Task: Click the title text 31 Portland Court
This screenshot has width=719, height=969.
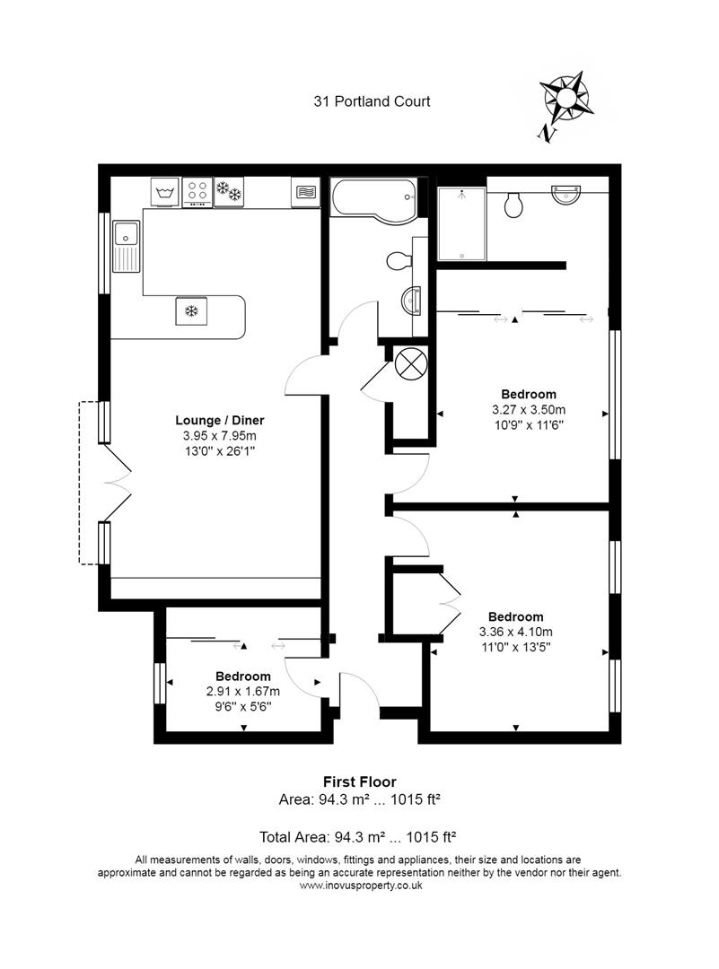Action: (x=372, y=101)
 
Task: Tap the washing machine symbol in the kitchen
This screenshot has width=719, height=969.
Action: (x=163, y=192)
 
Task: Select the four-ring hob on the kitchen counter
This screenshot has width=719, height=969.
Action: (x=197, y=192)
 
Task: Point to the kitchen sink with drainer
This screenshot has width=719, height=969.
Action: (x=126, y=246)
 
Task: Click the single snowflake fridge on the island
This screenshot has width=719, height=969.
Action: (x=190, y=311)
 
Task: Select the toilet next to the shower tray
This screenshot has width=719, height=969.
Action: (x=514, y=205)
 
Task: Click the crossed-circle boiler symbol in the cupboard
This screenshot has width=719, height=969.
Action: (x=409, y=364)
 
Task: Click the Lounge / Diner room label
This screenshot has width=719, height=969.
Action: (x=220, y=420)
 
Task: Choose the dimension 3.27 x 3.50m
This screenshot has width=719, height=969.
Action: (x=528, y=410)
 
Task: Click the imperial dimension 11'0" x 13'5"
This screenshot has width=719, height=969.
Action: (x=515, y=648)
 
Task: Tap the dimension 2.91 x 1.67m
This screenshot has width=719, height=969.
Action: (x=243, y=691)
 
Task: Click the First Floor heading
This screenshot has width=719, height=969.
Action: (x=359, y=782)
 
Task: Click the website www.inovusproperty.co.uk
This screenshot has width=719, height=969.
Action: (x=359, y=885)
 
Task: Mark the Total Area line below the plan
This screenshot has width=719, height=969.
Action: (x=359, y=837)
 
